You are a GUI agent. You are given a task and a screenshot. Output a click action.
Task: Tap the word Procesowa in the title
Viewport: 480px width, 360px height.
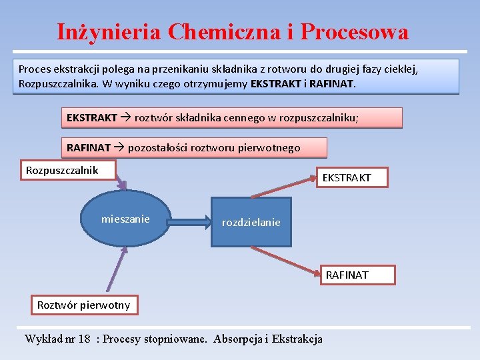[354, 31]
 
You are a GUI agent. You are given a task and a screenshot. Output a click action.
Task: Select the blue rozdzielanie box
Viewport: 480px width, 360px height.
[251, 222]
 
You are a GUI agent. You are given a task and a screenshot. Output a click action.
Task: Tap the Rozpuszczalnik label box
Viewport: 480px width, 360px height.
[62, 171]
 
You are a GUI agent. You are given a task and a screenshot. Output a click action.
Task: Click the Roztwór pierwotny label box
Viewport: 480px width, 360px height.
[83, 305]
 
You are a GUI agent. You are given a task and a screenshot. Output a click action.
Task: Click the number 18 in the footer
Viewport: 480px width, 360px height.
[83, 339]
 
